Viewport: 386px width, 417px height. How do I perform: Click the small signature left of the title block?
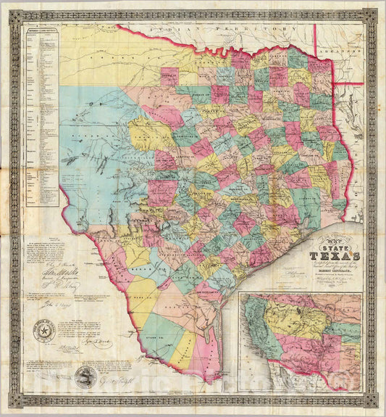[290, 268]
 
